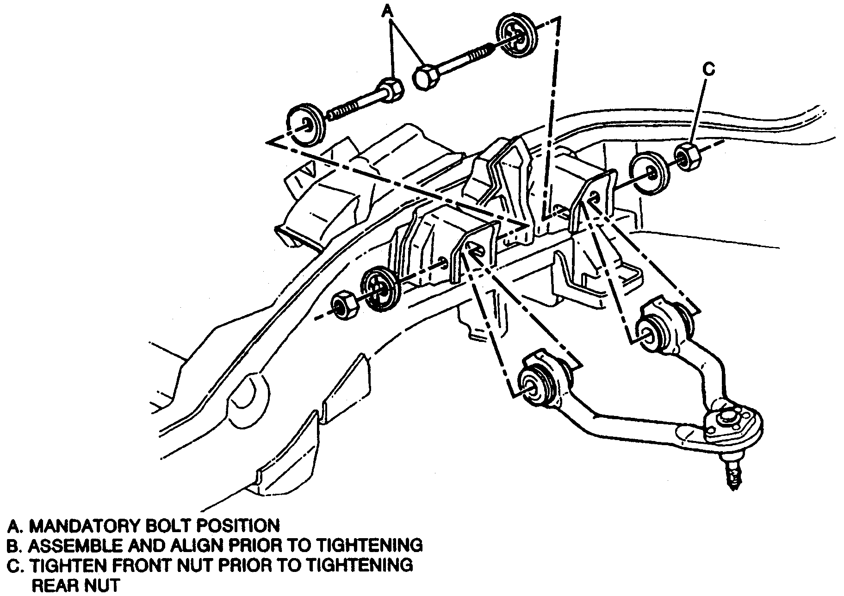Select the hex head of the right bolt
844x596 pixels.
tap(426, 77)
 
